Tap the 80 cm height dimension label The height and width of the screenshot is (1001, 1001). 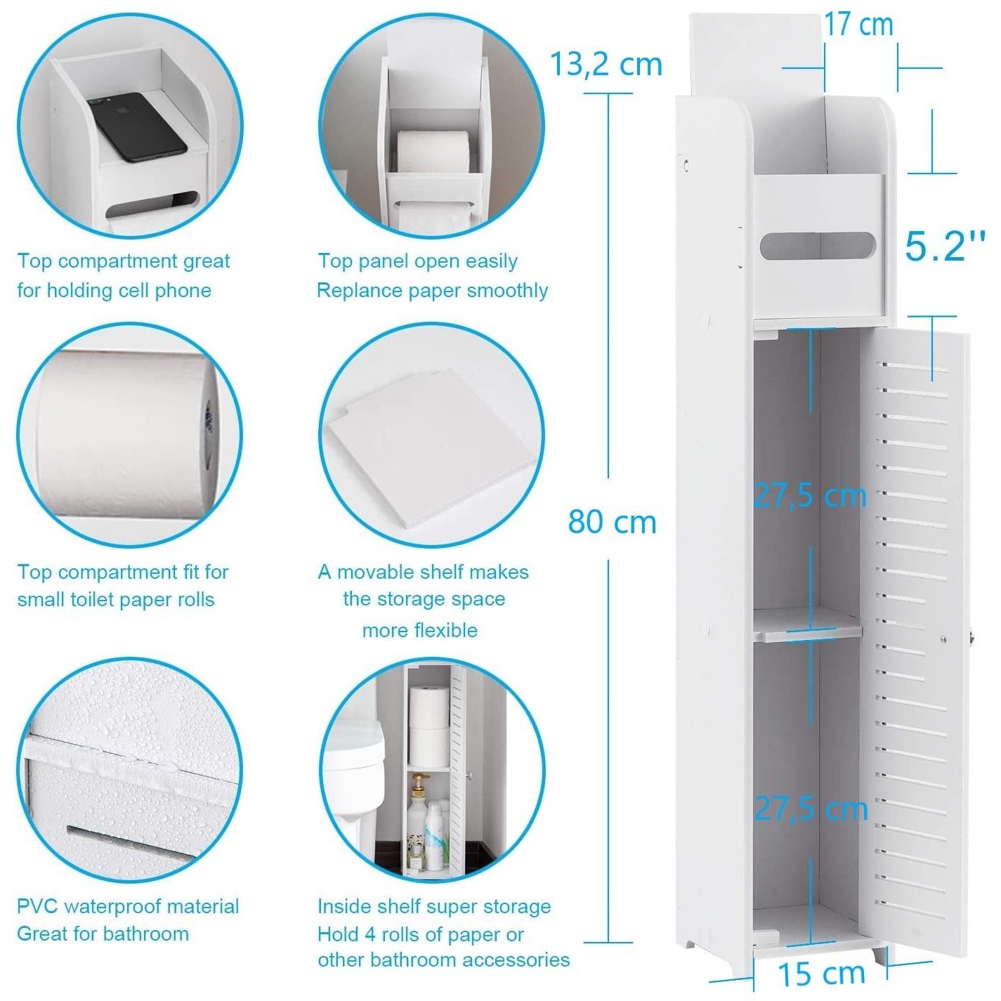pos(612,522)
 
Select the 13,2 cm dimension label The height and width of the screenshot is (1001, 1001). pos(606,65)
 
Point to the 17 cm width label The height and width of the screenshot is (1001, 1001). pos(858,25)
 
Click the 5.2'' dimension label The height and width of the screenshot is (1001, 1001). pos(944,246)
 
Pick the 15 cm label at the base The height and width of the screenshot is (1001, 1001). pos(821,974)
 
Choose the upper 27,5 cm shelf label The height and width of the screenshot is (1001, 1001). pos(809,496)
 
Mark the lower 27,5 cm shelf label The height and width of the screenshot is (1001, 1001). pos(811,809)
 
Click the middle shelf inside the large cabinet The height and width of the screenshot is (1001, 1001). pos(808,624)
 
